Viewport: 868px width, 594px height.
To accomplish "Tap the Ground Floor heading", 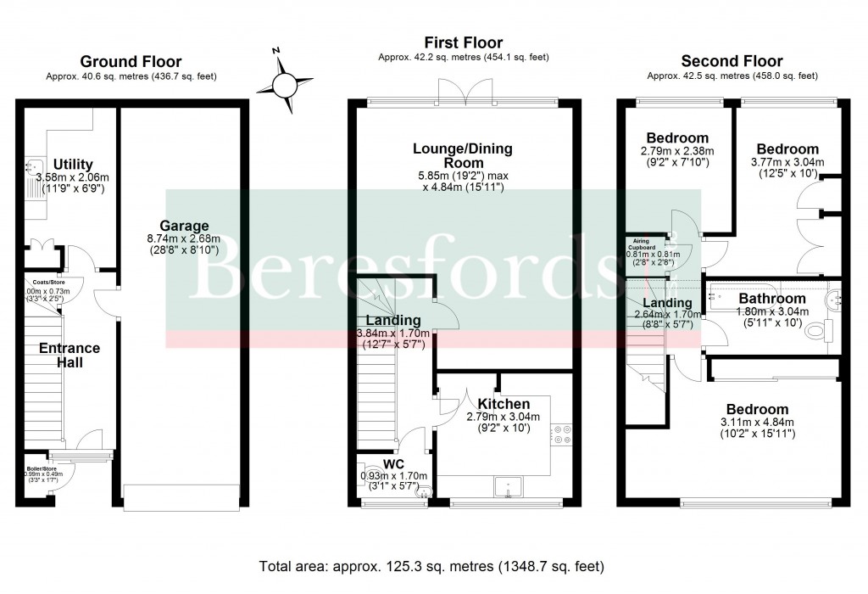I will (131, 61).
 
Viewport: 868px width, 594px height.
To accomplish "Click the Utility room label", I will (73, 164).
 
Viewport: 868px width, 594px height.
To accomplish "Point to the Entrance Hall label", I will (70, 356).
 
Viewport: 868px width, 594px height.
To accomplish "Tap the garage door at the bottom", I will (180, 497).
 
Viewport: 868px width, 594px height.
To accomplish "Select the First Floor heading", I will (464, 42).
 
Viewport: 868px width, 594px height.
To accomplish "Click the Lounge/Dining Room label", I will (463, 155).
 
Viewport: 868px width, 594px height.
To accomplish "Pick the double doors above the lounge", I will (464, 91).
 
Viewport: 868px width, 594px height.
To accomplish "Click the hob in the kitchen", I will (560, 434).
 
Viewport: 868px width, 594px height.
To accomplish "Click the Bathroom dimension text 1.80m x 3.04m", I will (771, 311).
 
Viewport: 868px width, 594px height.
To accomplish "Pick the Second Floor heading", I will (732, 61).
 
